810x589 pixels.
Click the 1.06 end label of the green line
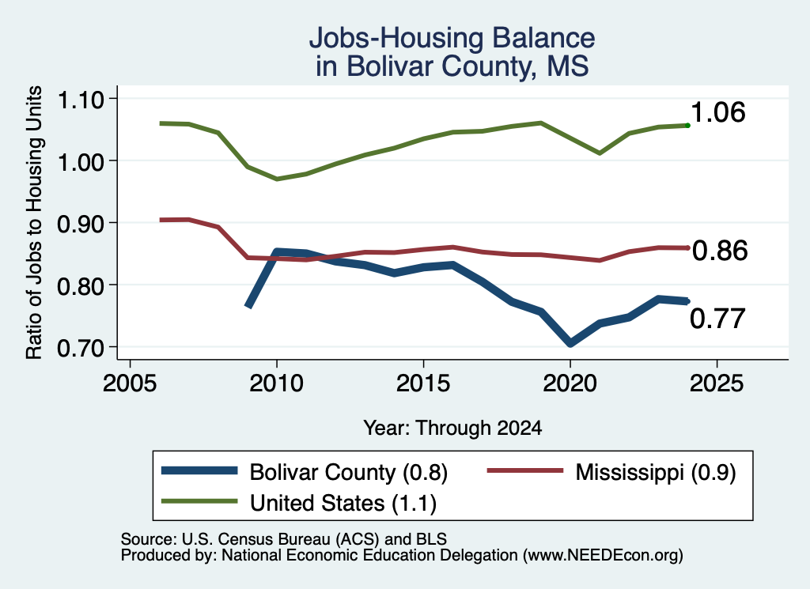click(717, 112)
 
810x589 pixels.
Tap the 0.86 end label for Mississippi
click(720, 251)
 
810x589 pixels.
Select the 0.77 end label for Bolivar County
click(717, 319)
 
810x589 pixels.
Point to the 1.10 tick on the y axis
click(81, 99)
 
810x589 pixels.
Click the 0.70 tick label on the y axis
click(81, 347)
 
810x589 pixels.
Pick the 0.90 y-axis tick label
click(81, 224)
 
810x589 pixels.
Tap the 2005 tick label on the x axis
click(131, 383)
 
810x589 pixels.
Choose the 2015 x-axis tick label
click(424, 383)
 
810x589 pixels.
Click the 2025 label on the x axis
click(717, 383)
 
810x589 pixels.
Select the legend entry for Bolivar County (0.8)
click(305, 472)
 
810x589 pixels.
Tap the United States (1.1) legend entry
click(299, 503)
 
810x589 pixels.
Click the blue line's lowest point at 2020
click(570, 343)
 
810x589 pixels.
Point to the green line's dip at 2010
click(277, 179)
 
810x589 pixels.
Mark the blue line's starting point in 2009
click(248, 306)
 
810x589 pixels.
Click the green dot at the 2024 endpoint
click(687, 126)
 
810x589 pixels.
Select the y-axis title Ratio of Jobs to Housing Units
click(34, 222)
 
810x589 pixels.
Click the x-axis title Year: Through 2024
click(452, 428)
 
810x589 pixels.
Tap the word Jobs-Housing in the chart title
click(396, 38)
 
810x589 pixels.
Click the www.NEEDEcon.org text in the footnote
click(602, 556)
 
